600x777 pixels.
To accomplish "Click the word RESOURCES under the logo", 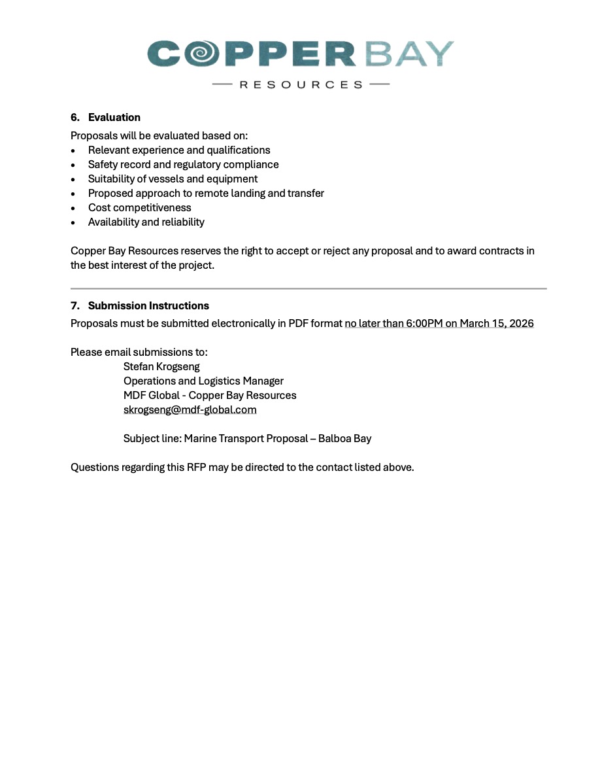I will pos(301,84).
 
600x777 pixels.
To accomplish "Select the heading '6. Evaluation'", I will pos(106,118).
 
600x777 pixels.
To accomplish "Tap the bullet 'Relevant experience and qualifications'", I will pos(179,150).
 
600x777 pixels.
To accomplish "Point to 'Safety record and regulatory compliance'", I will pos(183,165).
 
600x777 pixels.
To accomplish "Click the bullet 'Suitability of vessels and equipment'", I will pos(173,179).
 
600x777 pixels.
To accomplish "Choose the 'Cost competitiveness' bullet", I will pos(139,208).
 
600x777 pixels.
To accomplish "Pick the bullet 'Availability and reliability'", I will pos(146,222).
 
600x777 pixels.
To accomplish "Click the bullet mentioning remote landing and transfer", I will pos(206,194).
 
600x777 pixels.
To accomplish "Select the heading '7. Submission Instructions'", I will pos(140,306).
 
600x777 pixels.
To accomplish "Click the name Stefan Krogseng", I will pos(161,367).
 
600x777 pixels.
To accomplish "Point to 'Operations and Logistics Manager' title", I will pos(203,381).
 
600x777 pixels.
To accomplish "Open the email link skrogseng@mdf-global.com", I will pos(190,410).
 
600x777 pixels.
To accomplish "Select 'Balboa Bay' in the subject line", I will pos(344,439).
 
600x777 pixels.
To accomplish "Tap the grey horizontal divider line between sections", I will pos(308,288).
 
